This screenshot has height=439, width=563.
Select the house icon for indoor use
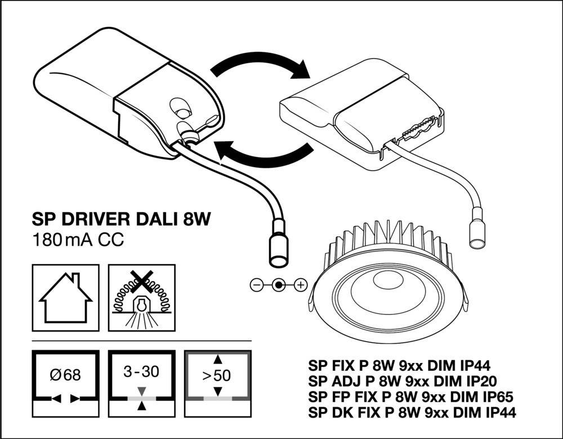pos(66,297)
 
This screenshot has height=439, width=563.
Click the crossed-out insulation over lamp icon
pos(141,297)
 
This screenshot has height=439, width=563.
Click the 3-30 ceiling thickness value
pos(141,371)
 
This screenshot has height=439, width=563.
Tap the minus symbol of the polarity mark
pos(256,285)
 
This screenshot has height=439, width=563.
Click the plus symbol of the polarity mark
pos(300,285)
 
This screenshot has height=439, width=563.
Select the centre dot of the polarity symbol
pos(278,285)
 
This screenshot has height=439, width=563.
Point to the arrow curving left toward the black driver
pos(262,154)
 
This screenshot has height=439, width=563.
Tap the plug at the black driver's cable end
pos(277,245)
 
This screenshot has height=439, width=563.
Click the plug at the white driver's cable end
pos(476,231)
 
